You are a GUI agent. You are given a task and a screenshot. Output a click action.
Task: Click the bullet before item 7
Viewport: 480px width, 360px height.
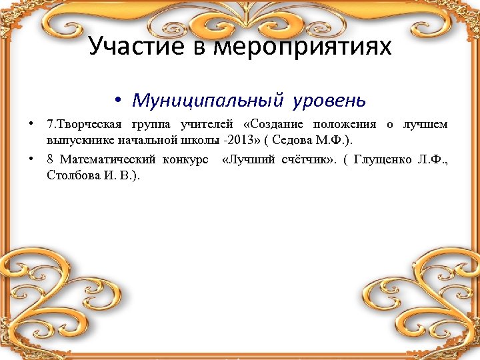tap(31, 125)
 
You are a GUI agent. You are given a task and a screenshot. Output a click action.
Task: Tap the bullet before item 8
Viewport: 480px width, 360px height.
tap(31, 159)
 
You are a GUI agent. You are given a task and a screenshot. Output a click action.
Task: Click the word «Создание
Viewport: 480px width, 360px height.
tap(273, 125)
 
